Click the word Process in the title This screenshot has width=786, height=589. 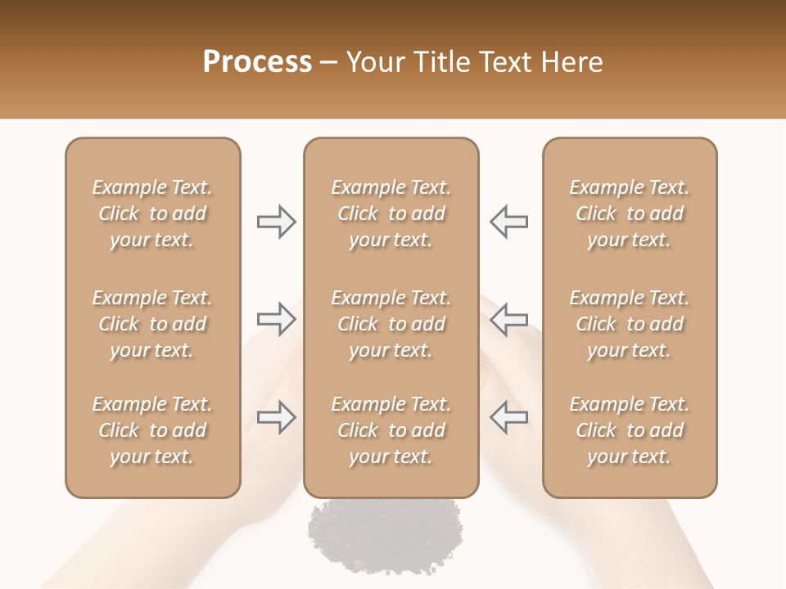point(257,61)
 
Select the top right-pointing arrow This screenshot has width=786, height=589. point(276,221)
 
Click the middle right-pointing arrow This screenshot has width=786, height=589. point(276,319)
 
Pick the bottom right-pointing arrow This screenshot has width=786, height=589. point(276,417)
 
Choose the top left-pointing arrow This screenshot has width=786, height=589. point(508,221)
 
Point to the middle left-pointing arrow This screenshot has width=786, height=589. point(508,319)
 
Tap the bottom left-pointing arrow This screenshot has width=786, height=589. point(508,417)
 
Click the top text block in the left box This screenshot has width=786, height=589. point(152,214)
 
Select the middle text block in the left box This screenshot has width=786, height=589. point(152,324)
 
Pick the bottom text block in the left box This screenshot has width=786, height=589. point(152,430)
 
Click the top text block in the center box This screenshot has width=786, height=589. point(391,214)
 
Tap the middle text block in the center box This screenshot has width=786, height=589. point(391,324)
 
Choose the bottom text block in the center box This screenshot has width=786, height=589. point(391,430)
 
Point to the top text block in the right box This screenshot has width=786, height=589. point(630,214)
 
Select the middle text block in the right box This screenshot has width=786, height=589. point(630,324)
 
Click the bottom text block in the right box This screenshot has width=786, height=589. point(630,430)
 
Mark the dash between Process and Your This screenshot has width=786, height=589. point(329,63)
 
